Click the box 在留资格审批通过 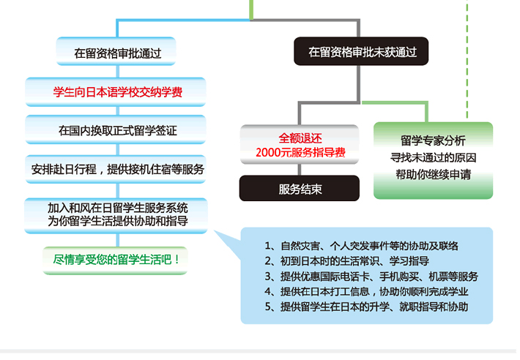pyautogui.click(x=116, y=51)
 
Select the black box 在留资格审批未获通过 pyautogui.click(x=361, y=51)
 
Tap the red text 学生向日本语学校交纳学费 pyautogui.click(x=118, y=92)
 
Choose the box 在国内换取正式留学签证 pyautogui.click(x=116, y=130)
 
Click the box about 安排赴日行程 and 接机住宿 pyautogui.click(x=116, y=169)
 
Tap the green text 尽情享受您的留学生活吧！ pyautogui.click(x=116, y=260)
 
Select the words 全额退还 pyautogui.click(x=300, y=138)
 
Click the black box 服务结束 pyautogui.click(x=300, y=188)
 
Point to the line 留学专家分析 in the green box pyautogui.click(x=433, y=140)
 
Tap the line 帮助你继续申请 pyautogui.click(x=433, y=174)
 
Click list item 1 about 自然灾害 pyautogui.click(x=362, y=246)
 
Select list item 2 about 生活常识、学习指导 pyautogui.click(x=347, y=261)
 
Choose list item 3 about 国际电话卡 pyautogui.click(x=371, y=277)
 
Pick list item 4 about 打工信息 pyautogui.click(x=366, y=292)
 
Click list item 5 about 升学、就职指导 pyautogui.click(x=366, y=307)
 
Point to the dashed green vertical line pyautogui.click(x=467, y=59)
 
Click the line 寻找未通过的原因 pyautogui.click(x=433, y=157)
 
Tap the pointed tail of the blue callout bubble pyautogui.click(x=215, y=231)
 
